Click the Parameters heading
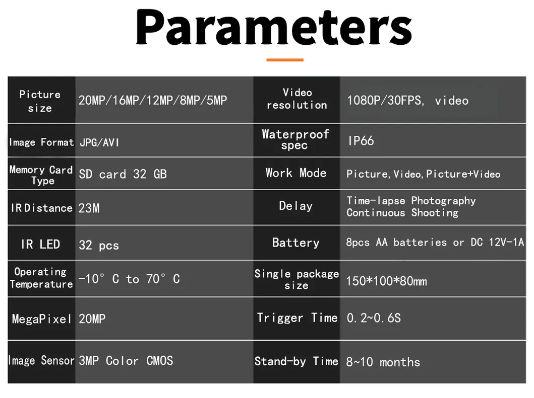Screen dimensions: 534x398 point(274,27)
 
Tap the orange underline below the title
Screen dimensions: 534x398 point(285,60)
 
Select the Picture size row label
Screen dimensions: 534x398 point(40,101)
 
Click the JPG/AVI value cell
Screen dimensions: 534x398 point(99,142)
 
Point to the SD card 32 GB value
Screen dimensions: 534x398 point(123,174)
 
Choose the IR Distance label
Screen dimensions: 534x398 point(41,208)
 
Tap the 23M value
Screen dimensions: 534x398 point(89,208)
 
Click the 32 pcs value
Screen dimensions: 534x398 point(99,245)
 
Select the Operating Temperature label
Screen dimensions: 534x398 point(41,278)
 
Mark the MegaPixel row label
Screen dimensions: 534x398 point(41,319)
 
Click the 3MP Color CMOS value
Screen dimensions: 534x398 point(126,360)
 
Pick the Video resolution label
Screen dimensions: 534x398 point(296,99)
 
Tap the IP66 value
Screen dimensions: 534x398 point(361,140)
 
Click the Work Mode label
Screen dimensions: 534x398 point(296,173)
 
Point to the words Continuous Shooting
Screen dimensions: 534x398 point(402,213)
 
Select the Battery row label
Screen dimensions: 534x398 point(295,243)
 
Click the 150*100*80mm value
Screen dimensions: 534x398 point(386,281)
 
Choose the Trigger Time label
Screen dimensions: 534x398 point(297,318)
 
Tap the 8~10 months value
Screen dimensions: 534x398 point(383,362)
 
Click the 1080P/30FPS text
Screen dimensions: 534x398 point(385,101)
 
